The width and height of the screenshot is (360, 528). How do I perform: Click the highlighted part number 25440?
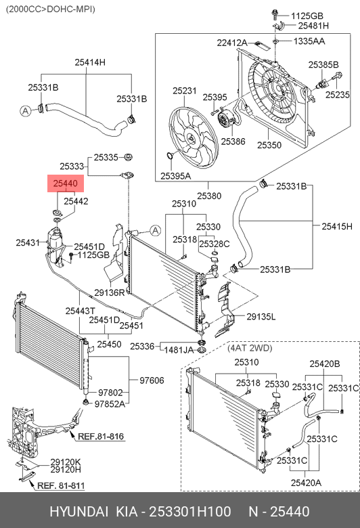coord(66,183)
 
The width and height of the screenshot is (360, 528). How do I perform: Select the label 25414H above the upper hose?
coord(90,62)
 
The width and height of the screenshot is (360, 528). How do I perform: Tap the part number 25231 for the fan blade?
coord(185,91)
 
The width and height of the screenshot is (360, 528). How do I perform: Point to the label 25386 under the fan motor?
coord(233,141)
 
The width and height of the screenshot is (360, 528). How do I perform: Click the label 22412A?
coord(232,43)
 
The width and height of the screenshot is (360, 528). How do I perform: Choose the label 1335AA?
coord(309,41)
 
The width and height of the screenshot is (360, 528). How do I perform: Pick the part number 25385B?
coord(323,64)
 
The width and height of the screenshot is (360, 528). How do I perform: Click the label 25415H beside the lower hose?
coord(337,226)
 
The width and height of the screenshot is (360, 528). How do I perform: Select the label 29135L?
coord(261,317)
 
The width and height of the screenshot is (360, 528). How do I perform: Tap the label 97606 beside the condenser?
coord(152,380)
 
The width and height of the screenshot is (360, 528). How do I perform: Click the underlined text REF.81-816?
coord(101,437)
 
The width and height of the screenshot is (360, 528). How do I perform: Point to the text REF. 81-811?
coord(61,485)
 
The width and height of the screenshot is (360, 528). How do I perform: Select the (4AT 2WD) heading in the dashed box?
coord(250,348)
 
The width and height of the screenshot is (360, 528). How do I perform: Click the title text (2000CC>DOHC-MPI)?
coord(51,9)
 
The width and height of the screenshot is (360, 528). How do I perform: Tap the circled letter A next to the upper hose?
coord(26,111)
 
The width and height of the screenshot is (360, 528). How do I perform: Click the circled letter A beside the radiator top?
coord(155,231)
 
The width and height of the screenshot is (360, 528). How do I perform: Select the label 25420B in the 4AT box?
coord(325,364)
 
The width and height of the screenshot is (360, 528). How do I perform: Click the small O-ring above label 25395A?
coord(171,156)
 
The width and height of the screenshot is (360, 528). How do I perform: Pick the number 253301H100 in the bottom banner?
coord(190,512)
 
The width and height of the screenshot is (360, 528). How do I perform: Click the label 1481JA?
coord(179,350)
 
